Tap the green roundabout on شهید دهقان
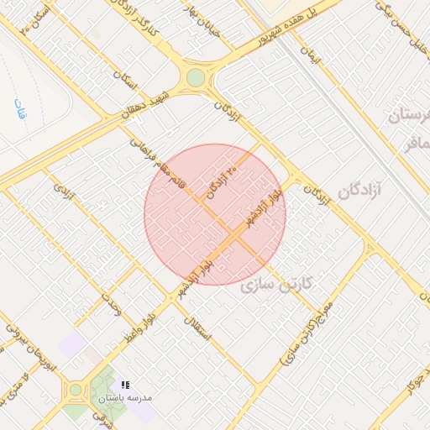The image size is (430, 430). pyautogui.click(x=196, y=78)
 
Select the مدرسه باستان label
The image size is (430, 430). pyautogui.click(x=125, y=397)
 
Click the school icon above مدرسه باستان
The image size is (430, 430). pyautogui.click(x=125, y=383)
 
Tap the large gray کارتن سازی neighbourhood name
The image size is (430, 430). pyautogui.click(x=276, y=285)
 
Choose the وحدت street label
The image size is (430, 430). pyautogui.click(x=112, y=307)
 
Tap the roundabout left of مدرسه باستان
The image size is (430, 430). pyautogui.click(x=76, y=389)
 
